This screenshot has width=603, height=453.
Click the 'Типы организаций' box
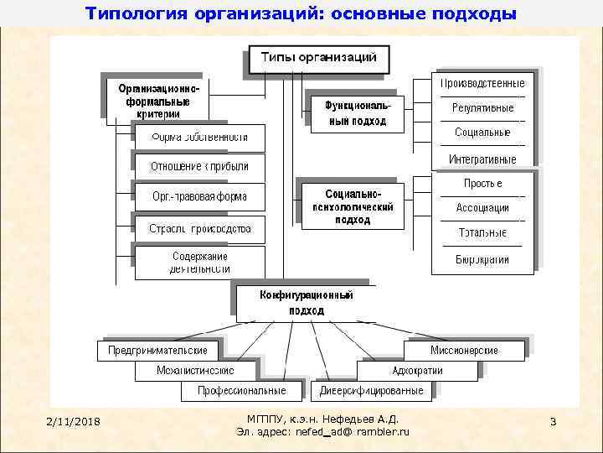319,59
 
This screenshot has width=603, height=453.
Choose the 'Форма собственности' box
199,137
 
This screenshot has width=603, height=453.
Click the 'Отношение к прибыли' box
199,166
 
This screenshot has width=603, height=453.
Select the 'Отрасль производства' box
199,228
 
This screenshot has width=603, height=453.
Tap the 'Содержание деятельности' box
199,263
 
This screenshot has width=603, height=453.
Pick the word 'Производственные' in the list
483,84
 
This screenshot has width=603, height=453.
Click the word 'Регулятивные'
483,108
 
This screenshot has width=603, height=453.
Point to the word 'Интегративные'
483,159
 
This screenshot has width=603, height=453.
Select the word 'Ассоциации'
483,207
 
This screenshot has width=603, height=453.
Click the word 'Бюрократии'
483,259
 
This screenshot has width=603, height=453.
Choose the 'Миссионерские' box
464,350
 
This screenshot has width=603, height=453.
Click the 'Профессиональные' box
241,391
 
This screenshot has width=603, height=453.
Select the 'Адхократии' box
417,370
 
